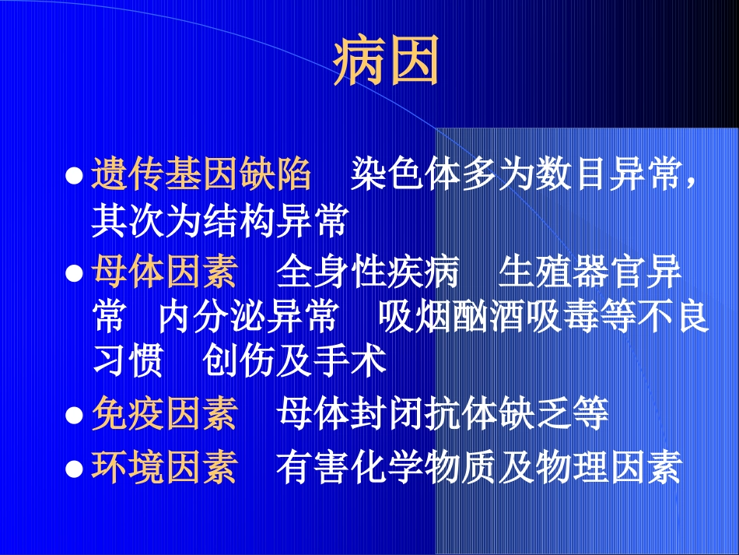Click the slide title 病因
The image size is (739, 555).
(x=387, y=61)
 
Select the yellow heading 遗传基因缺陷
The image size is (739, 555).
(x=201, y=175)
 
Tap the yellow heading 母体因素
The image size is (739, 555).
(x=164, y=274)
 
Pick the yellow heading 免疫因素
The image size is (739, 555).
(x=164, y=414)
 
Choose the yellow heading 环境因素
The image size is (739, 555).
(x=164, y=468)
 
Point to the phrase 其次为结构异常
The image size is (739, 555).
(x=219, y=222)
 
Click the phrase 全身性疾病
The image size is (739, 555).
(x=367, y=274)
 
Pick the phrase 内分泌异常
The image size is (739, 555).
(x=248, y=318)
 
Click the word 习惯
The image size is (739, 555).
(x=128, y=361)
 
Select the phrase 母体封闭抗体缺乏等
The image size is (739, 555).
(x=442, y=414)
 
